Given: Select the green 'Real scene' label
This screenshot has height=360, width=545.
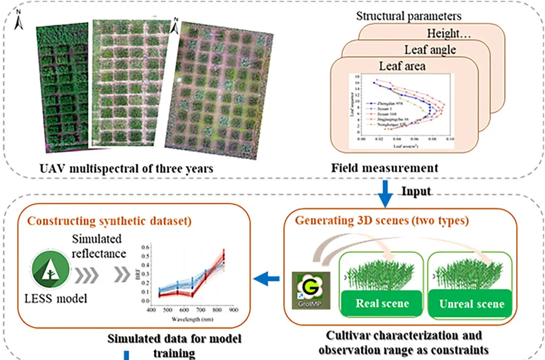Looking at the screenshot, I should [x=382, y=304].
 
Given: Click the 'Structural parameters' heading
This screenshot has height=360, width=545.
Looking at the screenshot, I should [x=409, y=16].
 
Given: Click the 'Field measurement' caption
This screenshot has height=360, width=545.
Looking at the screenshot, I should [x=385, y=168].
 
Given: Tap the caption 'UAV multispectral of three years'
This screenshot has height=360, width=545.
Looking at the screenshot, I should [x=126, y=169].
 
